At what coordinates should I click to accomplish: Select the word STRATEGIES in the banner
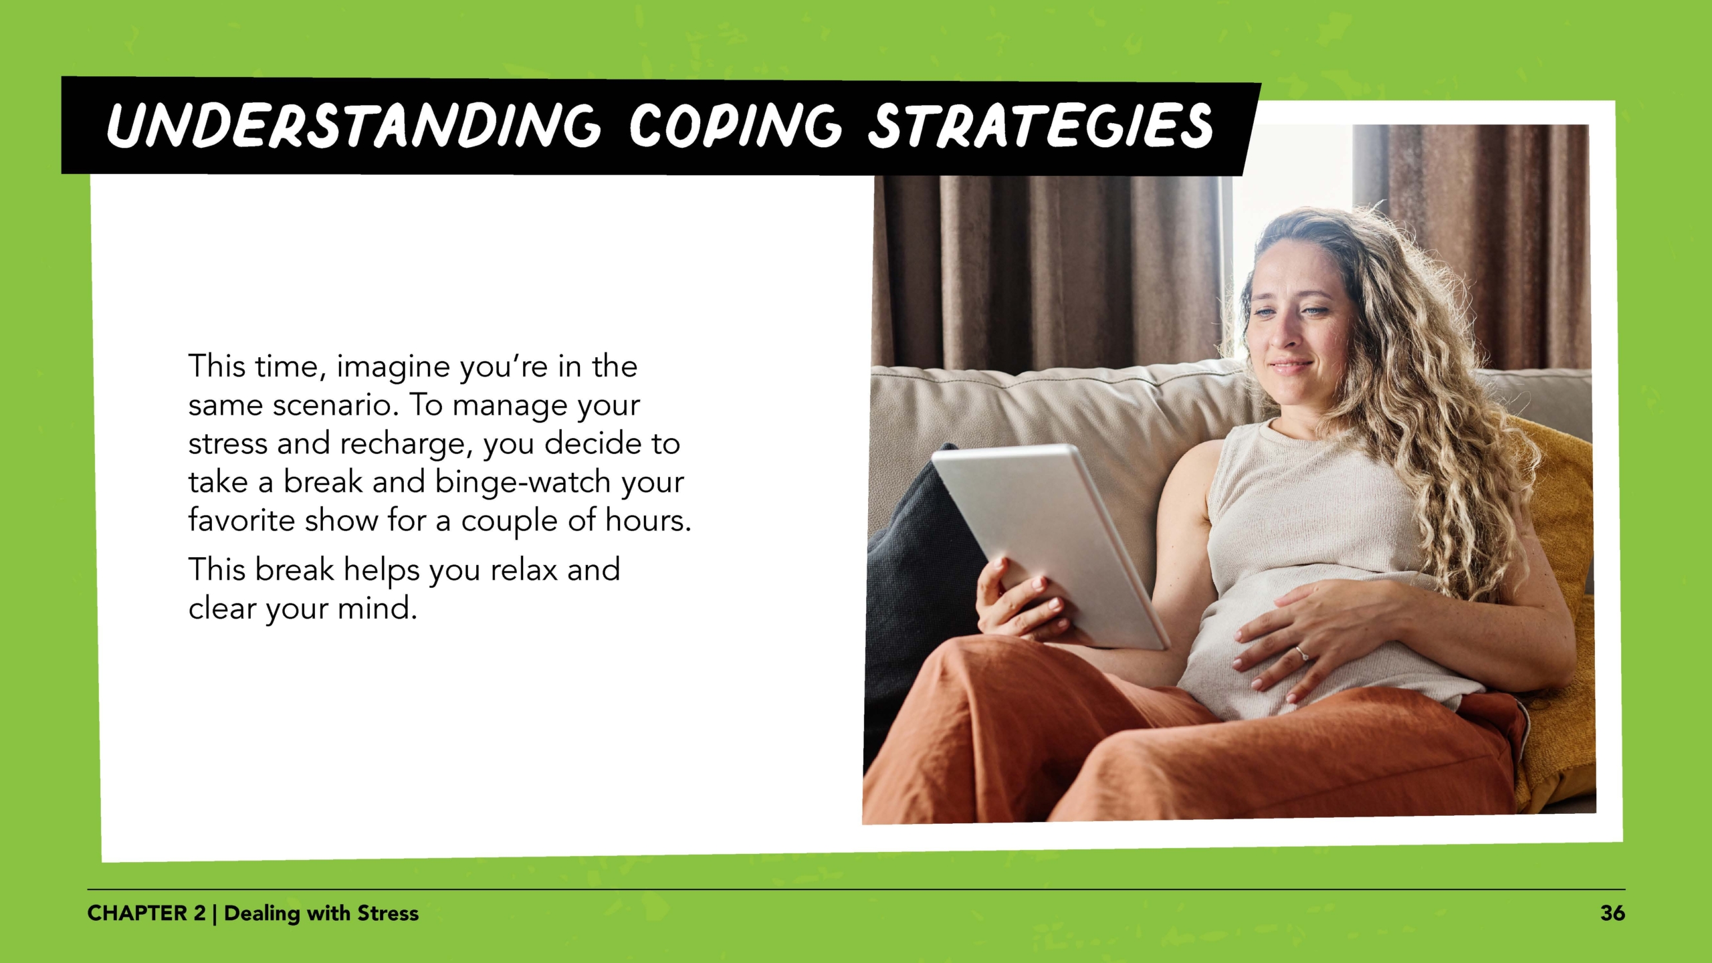pos(1039,126)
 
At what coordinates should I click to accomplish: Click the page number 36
pos(1612,913)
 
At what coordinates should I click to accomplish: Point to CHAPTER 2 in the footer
pos(146,913)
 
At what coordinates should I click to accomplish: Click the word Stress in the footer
pos(387,913)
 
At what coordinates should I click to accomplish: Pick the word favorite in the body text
pos(241,520)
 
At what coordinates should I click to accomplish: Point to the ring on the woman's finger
pos(1300,652)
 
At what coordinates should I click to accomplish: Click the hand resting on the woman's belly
pos(1311,635)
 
